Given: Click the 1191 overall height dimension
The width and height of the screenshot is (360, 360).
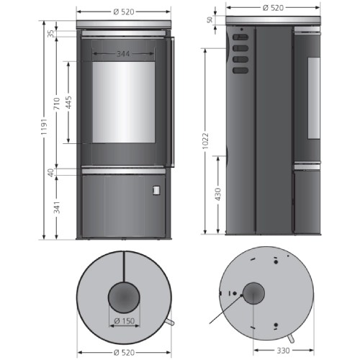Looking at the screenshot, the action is click(x=44, y=127).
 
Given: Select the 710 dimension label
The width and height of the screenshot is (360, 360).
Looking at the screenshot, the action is click(x=57, y=104).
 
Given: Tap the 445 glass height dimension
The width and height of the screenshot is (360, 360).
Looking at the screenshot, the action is click(x=68, y=102).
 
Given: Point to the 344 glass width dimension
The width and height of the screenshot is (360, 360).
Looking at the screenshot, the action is click(x=123, y=54).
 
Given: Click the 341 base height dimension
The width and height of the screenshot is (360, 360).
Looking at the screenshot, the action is click(x=57, y=207).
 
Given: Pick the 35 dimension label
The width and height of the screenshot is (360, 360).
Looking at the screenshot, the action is click(x=51, y=34).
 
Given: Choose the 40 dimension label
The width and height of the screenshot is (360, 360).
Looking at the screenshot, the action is click(x=50, y=173).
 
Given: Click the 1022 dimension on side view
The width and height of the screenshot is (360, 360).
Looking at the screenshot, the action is click(x=205, y=141).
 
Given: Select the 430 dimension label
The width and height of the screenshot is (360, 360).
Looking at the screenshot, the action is click(x=218, y=194).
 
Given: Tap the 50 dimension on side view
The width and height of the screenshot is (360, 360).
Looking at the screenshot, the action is click(x=210, y=20).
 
